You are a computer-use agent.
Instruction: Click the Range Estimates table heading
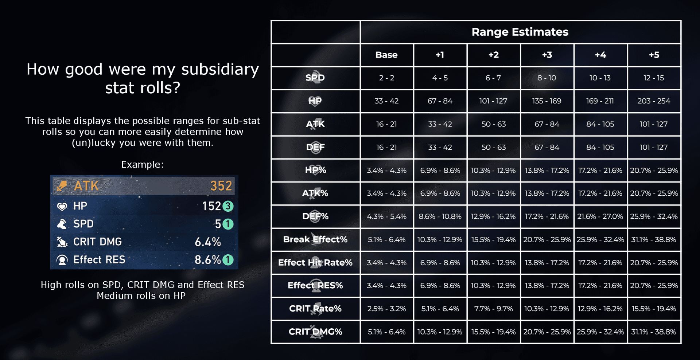coord(520,32)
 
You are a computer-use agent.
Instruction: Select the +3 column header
coord(547,55)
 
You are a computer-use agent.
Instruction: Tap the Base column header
coord(386,55)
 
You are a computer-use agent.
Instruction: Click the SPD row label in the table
coord(315,78)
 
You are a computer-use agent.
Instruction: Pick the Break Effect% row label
coord(315,239)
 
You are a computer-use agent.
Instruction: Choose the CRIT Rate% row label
coord(315,309)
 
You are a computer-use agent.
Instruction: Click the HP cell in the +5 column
coord(654,101)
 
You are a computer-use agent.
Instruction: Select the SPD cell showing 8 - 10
coord(547,78)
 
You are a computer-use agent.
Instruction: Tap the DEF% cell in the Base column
coord(386,216)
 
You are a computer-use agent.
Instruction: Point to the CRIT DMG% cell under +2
coord(493,332)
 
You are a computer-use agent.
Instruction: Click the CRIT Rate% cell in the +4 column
coord(600,309)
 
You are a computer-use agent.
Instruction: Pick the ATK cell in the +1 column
coord(440,124)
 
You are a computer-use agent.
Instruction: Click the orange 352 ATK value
coord(221,186)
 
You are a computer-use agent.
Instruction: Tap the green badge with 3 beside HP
coord(228,206)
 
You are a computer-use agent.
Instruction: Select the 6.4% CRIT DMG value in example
coord(208,242)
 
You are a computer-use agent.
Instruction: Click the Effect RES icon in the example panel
coord(62,260)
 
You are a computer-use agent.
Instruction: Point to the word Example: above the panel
coord(142,165)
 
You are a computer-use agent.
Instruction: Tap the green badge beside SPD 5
coord(228,224)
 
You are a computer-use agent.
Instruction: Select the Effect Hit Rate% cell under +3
coord(547,263)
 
